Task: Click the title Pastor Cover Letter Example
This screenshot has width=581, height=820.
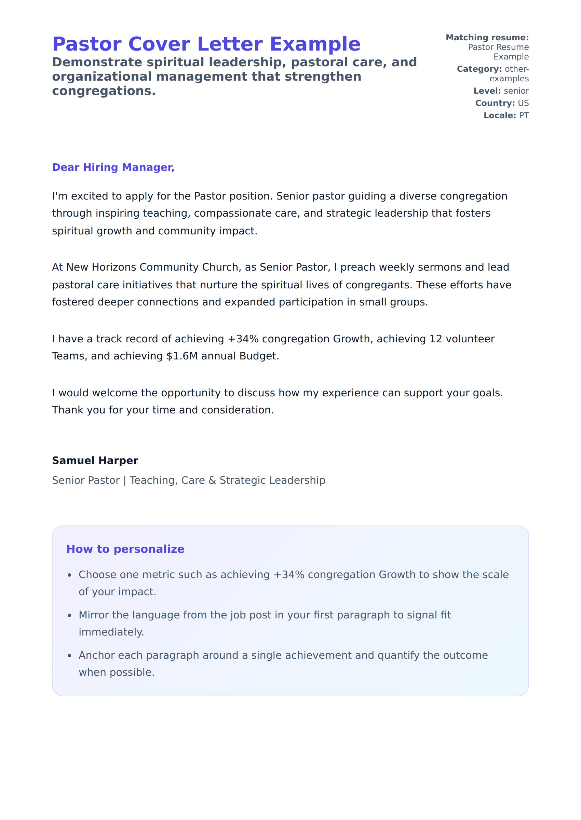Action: tap(206, 44)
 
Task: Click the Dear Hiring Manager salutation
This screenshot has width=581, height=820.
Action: tap(113, 167)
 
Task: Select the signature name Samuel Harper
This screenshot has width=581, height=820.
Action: tap(95, 460)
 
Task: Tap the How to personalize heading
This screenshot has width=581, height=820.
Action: tap(125, 549)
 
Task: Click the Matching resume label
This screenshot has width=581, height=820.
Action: tap(487, 38)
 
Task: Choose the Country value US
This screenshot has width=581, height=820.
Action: tap(523, 103)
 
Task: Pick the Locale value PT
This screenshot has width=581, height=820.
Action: tap(524, 115)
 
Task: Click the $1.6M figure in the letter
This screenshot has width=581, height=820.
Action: tap(182, 356)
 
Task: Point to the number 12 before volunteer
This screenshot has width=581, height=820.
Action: tap(435, 339)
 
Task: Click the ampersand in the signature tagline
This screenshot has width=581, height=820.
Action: tap(212, 480)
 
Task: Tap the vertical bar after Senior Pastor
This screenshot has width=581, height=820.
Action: tap(124, 480)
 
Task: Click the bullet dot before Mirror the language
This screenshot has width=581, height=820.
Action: tap(70, 615)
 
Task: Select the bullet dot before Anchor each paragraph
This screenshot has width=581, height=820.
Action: tap(70, 656)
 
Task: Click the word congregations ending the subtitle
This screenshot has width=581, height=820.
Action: tap(104, 91)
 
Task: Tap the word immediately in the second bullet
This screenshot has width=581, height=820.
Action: tap(111, 632)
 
